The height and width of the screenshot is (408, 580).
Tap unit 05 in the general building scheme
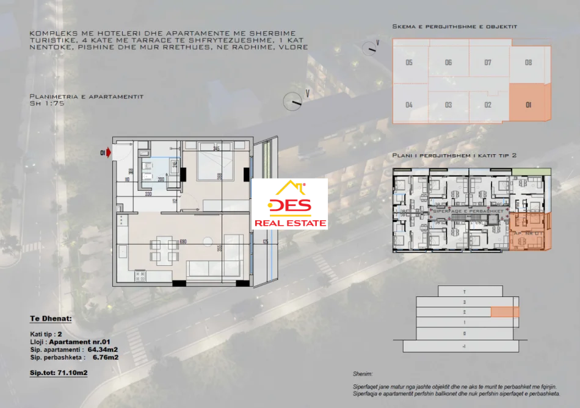tap(409, 62)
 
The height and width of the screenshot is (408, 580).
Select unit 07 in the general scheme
tap(488, 62)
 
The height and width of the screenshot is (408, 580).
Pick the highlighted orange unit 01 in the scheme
tap(529, 104)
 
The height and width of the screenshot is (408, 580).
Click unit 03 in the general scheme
tap(448, 105)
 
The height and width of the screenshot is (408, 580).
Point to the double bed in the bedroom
tap(215, 165)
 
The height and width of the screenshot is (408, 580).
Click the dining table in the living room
tap(164, 250)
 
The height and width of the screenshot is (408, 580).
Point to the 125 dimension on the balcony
tap(266, 242)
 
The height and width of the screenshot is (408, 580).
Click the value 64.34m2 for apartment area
tap(103, 349)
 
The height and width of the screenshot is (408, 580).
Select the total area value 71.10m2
tap(71, 371)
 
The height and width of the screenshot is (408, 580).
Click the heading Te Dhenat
tap(51, 318)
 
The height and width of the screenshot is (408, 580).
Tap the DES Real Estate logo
tap(290, 206)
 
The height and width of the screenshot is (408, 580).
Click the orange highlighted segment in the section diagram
tap(504, 312)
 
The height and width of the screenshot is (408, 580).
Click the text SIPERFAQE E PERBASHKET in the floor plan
tap(468, 210)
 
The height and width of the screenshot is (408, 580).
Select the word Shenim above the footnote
tap(362, 373)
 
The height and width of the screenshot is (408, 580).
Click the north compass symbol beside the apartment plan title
tap(293, 101)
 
